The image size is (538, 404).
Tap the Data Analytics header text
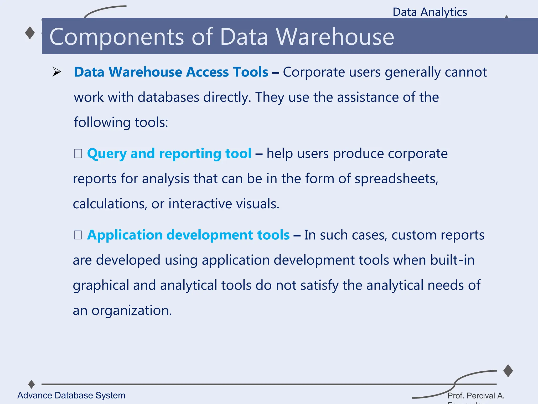pyautogui.click(x=430, y=12)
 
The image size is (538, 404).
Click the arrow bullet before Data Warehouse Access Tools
pyautogui.click(x=56, y=72)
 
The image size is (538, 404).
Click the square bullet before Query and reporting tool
pyautogui.click(x=78, y=154)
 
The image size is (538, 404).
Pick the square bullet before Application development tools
pyautogui.click(x=78, y=235)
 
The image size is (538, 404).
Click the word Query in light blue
pyautogui.click(x=107, y=154)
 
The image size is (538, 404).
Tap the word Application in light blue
pyautogui.click(x=125, y=235)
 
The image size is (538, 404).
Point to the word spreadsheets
pyautogui.click(x=396, y=179)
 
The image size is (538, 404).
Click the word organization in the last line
pyautogui.click(x=131, y=311)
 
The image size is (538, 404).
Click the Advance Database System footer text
pyautogui.click(x=71, y=395)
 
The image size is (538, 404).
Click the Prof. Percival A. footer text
pyautogui.click(x=476, y=396)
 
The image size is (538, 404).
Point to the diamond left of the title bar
pyautogui.click(x=30, y=33)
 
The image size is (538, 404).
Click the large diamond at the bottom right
pyautogui.click(x=508, y=371)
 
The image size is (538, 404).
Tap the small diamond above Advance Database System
pyautogui.click(x=32, y=384)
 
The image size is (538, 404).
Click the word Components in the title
pyautogui.click(x=117, y=37)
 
